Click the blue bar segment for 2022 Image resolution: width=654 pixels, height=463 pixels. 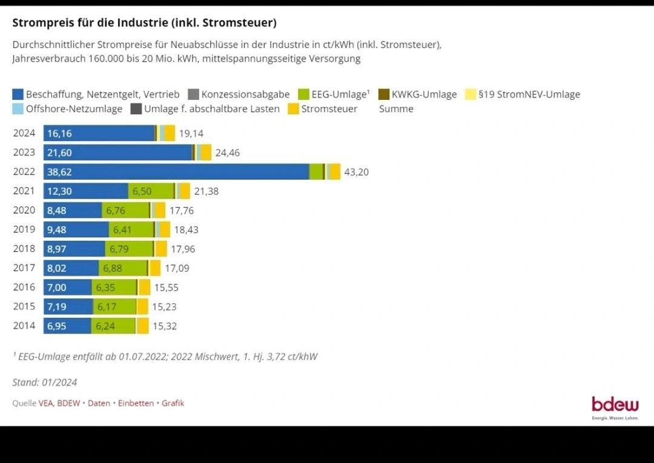pyautogui.click(x=176, y=172)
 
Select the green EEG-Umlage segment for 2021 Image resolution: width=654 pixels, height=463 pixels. pyautogui.click(x=151, y=191)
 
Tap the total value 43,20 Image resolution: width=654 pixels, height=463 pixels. pyautogui.click(x=356, y=172)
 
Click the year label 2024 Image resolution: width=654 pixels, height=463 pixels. pyautogui.click(x=24, y=133)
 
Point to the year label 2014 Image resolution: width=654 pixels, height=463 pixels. pyautogui.click(x=24, y=326)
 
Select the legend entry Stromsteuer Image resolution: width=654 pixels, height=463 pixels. pyautogui.click(x=329, y=109)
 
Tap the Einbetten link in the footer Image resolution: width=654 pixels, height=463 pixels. pyautogui.click(x=136, y=403)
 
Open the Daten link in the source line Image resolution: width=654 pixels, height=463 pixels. pyautogui.click(x=99, y=403)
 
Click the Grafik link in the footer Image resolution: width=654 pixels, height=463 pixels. pyautogui.click(x=173, y=403)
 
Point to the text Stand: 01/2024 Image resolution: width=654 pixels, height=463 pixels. pyautogui.click(x=45, y=383)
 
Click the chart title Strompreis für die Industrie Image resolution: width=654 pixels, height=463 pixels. pyautogui.click(x=144, y=23)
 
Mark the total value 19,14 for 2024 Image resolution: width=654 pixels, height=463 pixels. pyautogui.click(x=191, y=133)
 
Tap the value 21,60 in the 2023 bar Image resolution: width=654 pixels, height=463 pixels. pyautogui.click(x=59, y=153)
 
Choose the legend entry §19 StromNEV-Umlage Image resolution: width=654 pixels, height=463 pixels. pyautogui.click(x=529, y=94)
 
